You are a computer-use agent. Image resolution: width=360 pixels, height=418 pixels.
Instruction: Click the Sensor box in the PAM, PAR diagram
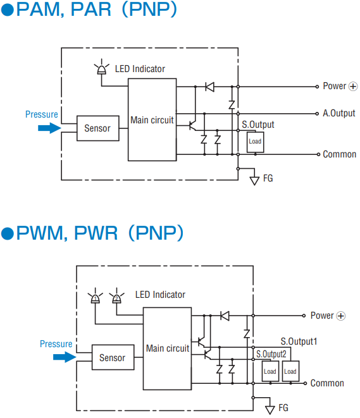[x=98, y=128]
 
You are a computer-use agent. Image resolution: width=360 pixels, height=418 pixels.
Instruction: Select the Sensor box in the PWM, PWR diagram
[x=113, y=357]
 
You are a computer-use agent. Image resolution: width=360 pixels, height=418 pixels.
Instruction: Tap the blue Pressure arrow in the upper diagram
[x=49, y=128]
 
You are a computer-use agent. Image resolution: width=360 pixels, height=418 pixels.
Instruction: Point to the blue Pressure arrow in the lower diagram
[x=65, y=357]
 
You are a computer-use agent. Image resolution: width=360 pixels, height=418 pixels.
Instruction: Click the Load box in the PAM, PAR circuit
[x=255, y=142]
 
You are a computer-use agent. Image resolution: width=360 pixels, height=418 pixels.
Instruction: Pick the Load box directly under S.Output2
[x=270, y=371]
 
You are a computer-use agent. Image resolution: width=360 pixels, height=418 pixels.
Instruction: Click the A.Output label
[x=339, y=113]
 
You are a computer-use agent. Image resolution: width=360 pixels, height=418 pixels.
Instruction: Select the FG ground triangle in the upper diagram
[x=254, y=181]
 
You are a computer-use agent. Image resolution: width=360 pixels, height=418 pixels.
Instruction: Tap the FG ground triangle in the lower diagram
[x=270, y=410]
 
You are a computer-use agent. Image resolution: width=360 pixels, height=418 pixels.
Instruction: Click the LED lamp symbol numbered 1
[x=95, y=297]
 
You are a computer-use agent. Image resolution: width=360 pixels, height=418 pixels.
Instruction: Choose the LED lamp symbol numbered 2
[x=116, y=297]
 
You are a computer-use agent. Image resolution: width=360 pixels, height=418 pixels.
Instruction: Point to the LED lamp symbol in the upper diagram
[x=102, y=68]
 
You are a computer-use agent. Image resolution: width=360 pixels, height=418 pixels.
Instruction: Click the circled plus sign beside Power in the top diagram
[x=353, y=87]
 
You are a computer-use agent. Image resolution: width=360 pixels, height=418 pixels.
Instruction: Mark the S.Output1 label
[x=299, y=341]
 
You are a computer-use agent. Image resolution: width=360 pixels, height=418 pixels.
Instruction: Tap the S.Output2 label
[x=271, y=354]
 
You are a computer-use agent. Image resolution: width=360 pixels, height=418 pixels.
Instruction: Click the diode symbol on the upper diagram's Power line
[x=210, y=87]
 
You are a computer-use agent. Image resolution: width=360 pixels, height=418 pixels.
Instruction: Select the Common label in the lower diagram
[x=327, y=383]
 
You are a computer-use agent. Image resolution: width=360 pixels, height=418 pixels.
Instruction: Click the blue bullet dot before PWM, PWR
[x=7, y=234]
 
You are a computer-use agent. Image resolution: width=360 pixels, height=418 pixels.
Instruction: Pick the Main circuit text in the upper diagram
[x=152, y=120]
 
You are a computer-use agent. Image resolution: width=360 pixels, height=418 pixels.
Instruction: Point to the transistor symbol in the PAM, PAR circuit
[x=192, y=125]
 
